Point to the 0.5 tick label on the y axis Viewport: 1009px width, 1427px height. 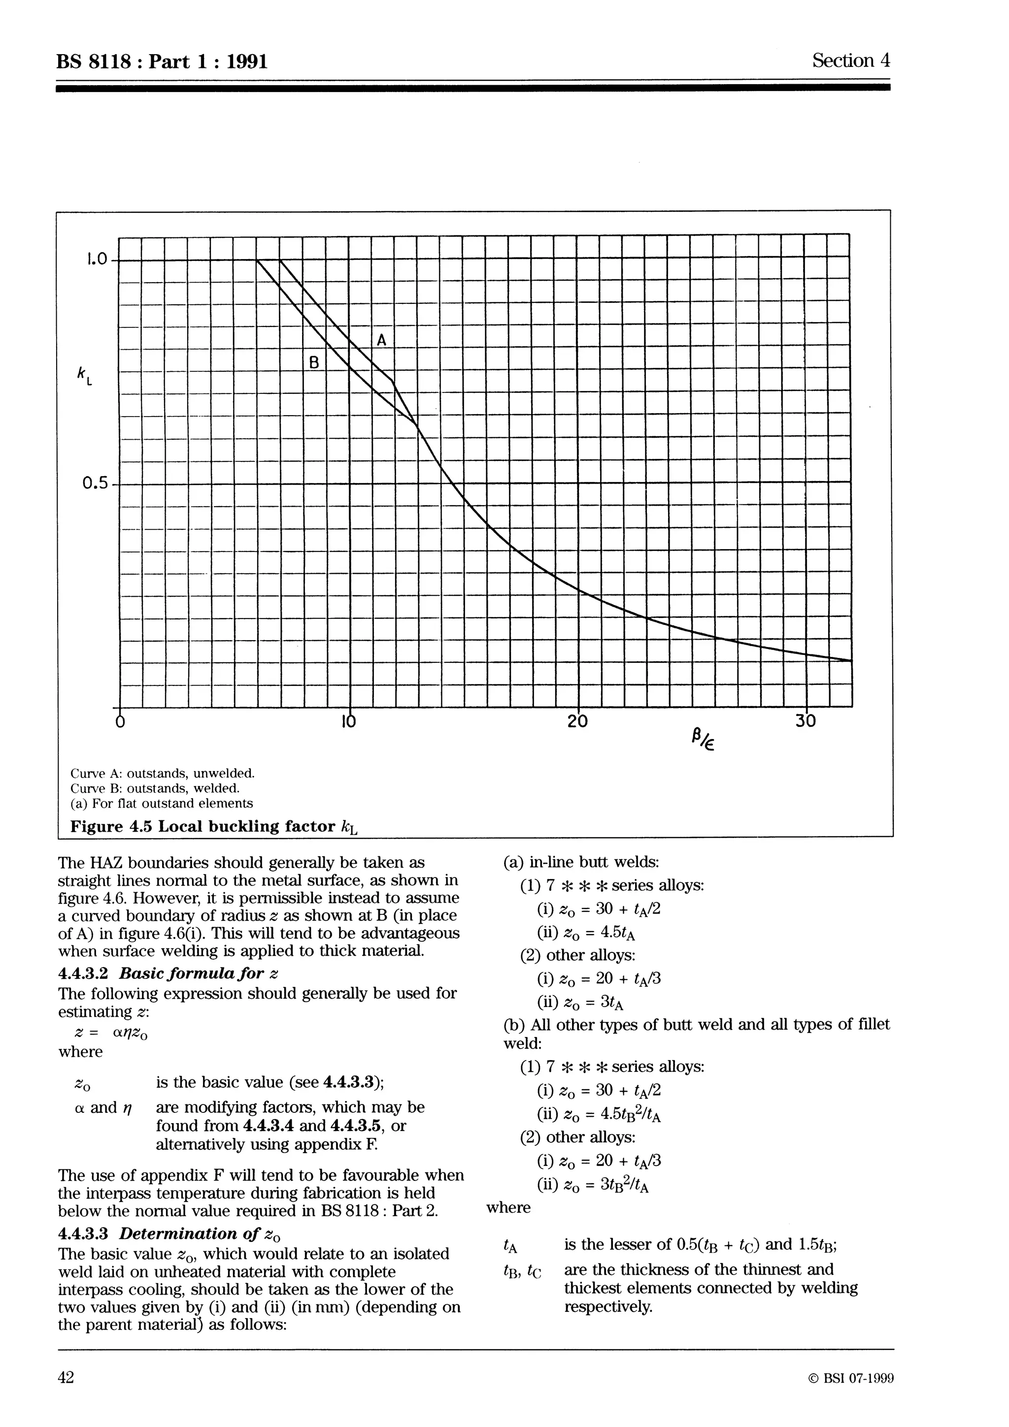pos(95,483)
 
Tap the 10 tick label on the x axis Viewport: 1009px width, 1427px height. pos(349,721)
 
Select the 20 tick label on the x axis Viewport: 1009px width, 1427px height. pos(577,721)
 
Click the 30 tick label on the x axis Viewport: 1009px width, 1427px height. pos(805,721)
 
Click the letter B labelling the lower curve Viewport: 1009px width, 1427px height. pos(314,362)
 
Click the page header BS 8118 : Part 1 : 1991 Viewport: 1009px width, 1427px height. pos(162,62)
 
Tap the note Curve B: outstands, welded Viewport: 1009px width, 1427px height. pos(155,788)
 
